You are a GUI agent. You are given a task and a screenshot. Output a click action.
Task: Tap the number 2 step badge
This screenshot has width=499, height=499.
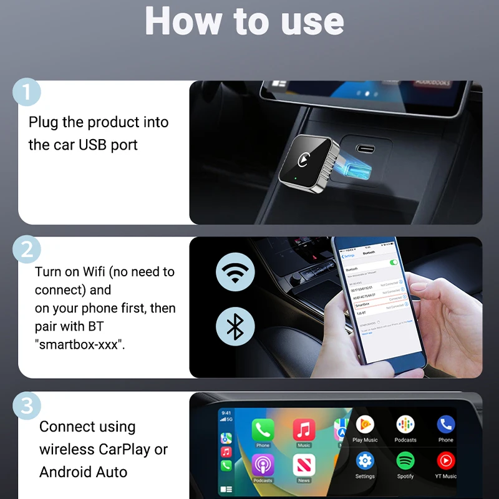[x=26, y=249]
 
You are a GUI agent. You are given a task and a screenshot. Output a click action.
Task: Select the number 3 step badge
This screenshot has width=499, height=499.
[x=26, y=405]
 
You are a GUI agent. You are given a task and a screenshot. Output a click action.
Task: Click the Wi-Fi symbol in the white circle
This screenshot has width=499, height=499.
[x=235, y=272]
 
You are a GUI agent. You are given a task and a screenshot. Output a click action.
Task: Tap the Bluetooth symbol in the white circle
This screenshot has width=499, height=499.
[x=235, y=326]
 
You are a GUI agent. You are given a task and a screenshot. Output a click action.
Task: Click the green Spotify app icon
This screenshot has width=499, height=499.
[x=405, y=461]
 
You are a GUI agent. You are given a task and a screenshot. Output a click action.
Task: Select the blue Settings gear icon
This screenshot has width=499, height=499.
[x=365, y=461]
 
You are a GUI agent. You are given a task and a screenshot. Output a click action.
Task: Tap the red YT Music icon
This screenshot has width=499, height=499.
[x=446, y=461]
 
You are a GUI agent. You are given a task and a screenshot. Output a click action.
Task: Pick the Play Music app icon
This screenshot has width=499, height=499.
[x=365, y=425]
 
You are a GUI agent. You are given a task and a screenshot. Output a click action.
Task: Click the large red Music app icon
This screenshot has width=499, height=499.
[x=304, y=430]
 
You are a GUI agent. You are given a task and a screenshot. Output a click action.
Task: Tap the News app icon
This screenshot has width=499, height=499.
[x=304, y=465]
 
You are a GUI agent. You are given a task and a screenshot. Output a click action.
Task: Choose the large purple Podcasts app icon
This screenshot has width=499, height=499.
[x=263, y=465]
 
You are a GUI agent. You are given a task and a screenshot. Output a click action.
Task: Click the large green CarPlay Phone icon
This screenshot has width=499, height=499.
[x=263, y=430]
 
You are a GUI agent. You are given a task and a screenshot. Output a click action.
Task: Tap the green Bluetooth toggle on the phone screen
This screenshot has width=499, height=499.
[x=394, y=263]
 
